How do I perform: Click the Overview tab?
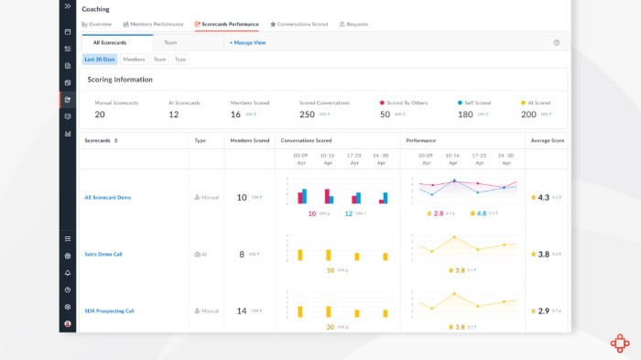(97, 24)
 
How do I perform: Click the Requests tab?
(353, 24)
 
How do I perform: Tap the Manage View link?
(247, 42)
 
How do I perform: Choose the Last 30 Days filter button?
(100, 60)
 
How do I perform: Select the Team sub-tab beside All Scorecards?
(170, 42)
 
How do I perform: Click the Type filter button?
(180, 60)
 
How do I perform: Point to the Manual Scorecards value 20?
(100, 115)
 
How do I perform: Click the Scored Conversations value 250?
(307, 115)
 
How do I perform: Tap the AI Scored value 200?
(528, 115)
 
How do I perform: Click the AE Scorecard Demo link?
(108, 197)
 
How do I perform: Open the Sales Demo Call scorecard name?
(103, 254)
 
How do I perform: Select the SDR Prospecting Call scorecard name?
(109, 311)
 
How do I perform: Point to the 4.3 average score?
(543, 197)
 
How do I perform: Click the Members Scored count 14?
(242, 311)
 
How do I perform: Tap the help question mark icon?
(557, 42)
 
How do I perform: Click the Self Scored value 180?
(464, 115)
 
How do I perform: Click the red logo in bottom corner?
(620, 343)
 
